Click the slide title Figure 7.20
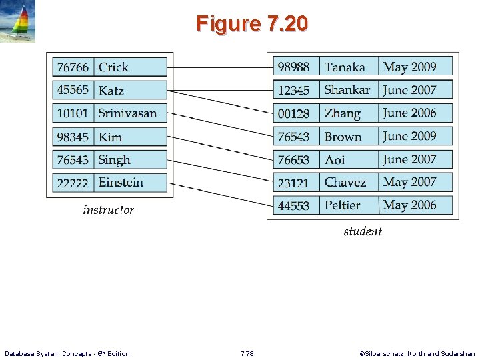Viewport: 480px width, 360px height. (x=252, y=24)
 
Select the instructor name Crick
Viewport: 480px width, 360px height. (x=113, y=67)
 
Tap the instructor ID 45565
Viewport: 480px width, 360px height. (x=73, y=90)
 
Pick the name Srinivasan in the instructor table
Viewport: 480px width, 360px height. (x=127, y=113)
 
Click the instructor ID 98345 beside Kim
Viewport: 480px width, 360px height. (x=73, y=137)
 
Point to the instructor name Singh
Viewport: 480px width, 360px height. (x=114, y=160)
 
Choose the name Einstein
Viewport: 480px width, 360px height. (x=121, y=183)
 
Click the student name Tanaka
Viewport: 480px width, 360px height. (x=345, y=67)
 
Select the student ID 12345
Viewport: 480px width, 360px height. (x=293, y=90)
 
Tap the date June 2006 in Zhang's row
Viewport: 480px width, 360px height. (x=409, y=113)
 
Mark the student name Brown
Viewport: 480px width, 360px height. (x=343, y=137)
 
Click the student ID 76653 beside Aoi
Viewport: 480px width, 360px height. (x=293, y=160)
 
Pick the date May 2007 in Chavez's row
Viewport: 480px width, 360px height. (x=409, y=182)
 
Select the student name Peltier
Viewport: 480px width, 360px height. (x=342, y=205)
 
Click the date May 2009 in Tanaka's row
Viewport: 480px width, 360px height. (x=409, y=67)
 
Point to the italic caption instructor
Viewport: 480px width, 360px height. (x=108, y=210)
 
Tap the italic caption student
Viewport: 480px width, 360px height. (x=363, y=231)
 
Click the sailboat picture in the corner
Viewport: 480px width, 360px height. (x=18, y=22)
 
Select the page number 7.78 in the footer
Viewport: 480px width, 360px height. (x=247, y=353)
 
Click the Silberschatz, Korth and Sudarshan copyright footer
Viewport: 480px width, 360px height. (x=417, y=353)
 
